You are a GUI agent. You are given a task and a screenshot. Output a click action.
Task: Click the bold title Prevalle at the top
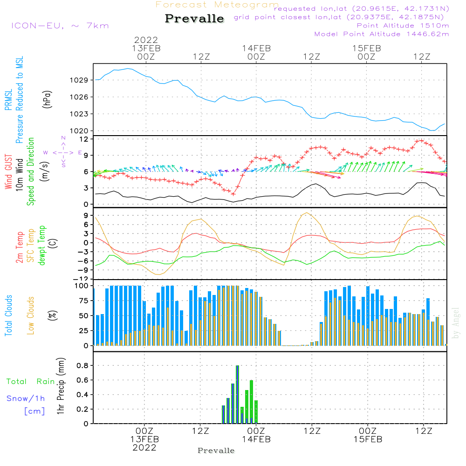pos(194,19)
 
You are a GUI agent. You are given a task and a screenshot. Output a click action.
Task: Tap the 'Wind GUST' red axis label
pos(9,172)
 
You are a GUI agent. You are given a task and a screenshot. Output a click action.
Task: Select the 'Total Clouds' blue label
pos(9,315)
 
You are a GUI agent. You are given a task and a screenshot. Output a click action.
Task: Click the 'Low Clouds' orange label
pos(31,315)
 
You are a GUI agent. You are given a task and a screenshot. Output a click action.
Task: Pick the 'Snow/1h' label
pos(26,398)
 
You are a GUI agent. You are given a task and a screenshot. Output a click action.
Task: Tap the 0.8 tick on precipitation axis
pos(82,366)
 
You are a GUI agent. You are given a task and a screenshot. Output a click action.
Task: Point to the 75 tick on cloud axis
pos(82,301)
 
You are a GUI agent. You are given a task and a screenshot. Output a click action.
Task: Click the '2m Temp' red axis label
pos(20,247)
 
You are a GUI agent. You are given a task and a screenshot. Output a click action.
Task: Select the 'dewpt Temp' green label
pos(42,246)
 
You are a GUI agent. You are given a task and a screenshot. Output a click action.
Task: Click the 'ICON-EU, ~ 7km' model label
pos(60,26)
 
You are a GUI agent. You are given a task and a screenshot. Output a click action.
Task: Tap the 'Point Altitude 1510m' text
pos(403,26)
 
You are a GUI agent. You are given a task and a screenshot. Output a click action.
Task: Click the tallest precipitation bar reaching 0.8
pos(237,394)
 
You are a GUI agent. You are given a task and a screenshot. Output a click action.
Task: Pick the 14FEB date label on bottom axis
pos(256,439)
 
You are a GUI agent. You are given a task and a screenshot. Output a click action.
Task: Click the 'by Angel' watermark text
pos(456,323)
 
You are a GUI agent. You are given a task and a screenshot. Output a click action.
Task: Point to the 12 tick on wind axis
pos(84,139)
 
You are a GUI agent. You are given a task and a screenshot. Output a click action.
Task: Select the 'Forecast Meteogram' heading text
pos(217,5)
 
